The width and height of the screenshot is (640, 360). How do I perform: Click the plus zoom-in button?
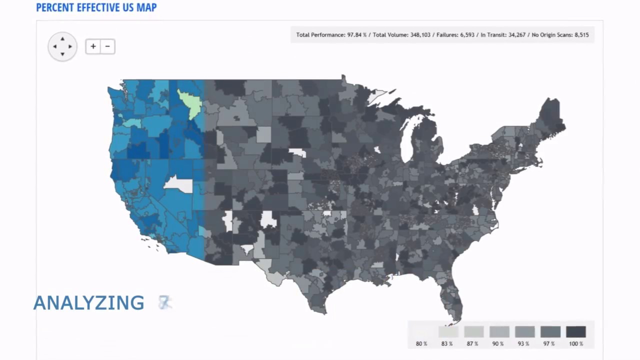93,46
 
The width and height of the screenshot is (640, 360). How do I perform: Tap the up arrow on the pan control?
62,38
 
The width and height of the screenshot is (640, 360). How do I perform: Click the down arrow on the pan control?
62,54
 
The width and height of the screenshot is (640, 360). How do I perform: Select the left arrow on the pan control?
54,46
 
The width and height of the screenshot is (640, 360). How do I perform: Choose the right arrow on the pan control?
70,46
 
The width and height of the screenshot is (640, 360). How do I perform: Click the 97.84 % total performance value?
357,35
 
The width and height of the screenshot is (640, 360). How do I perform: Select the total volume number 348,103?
420,35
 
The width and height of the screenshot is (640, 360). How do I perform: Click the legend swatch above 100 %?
575,331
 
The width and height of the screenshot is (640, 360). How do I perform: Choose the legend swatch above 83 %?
448,331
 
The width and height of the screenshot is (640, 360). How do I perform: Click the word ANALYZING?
89,303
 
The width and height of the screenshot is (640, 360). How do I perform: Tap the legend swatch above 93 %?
524,331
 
